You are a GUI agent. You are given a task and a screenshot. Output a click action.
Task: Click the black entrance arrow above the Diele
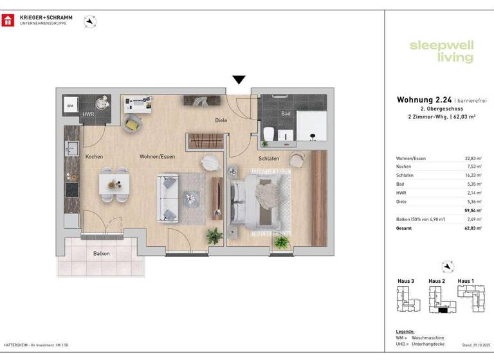pos(239,80)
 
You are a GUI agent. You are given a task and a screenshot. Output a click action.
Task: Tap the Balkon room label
pos(101,253)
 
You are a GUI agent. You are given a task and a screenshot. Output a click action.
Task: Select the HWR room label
pos(88,114)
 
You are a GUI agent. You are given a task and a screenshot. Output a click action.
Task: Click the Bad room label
pos(286,114)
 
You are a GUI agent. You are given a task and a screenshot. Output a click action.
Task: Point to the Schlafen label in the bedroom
pos(269,157)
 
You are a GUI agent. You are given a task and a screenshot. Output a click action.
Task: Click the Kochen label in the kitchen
pos(94,156)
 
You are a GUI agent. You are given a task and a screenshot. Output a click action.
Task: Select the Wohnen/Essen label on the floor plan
pos(157,156)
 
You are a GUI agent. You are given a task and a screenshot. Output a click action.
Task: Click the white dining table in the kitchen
pos(113,184)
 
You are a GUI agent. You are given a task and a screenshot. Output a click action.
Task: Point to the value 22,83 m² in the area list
pos(473,158)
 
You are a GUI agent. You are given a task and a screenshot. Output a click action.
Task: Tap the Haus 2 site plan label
pos(437,282)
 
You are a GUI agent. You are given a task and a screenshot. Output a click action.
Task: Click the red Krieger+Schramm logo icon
pos(8,21)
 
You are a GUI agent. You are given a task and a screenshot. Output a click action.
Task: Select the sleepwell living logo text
pos(441,51)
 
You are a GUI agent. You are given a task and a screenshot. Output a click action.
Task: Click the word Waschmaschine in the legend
pos(428,338)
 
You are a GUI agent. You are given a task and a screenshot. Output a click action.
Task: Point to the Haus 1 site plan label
pos(466,282)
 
